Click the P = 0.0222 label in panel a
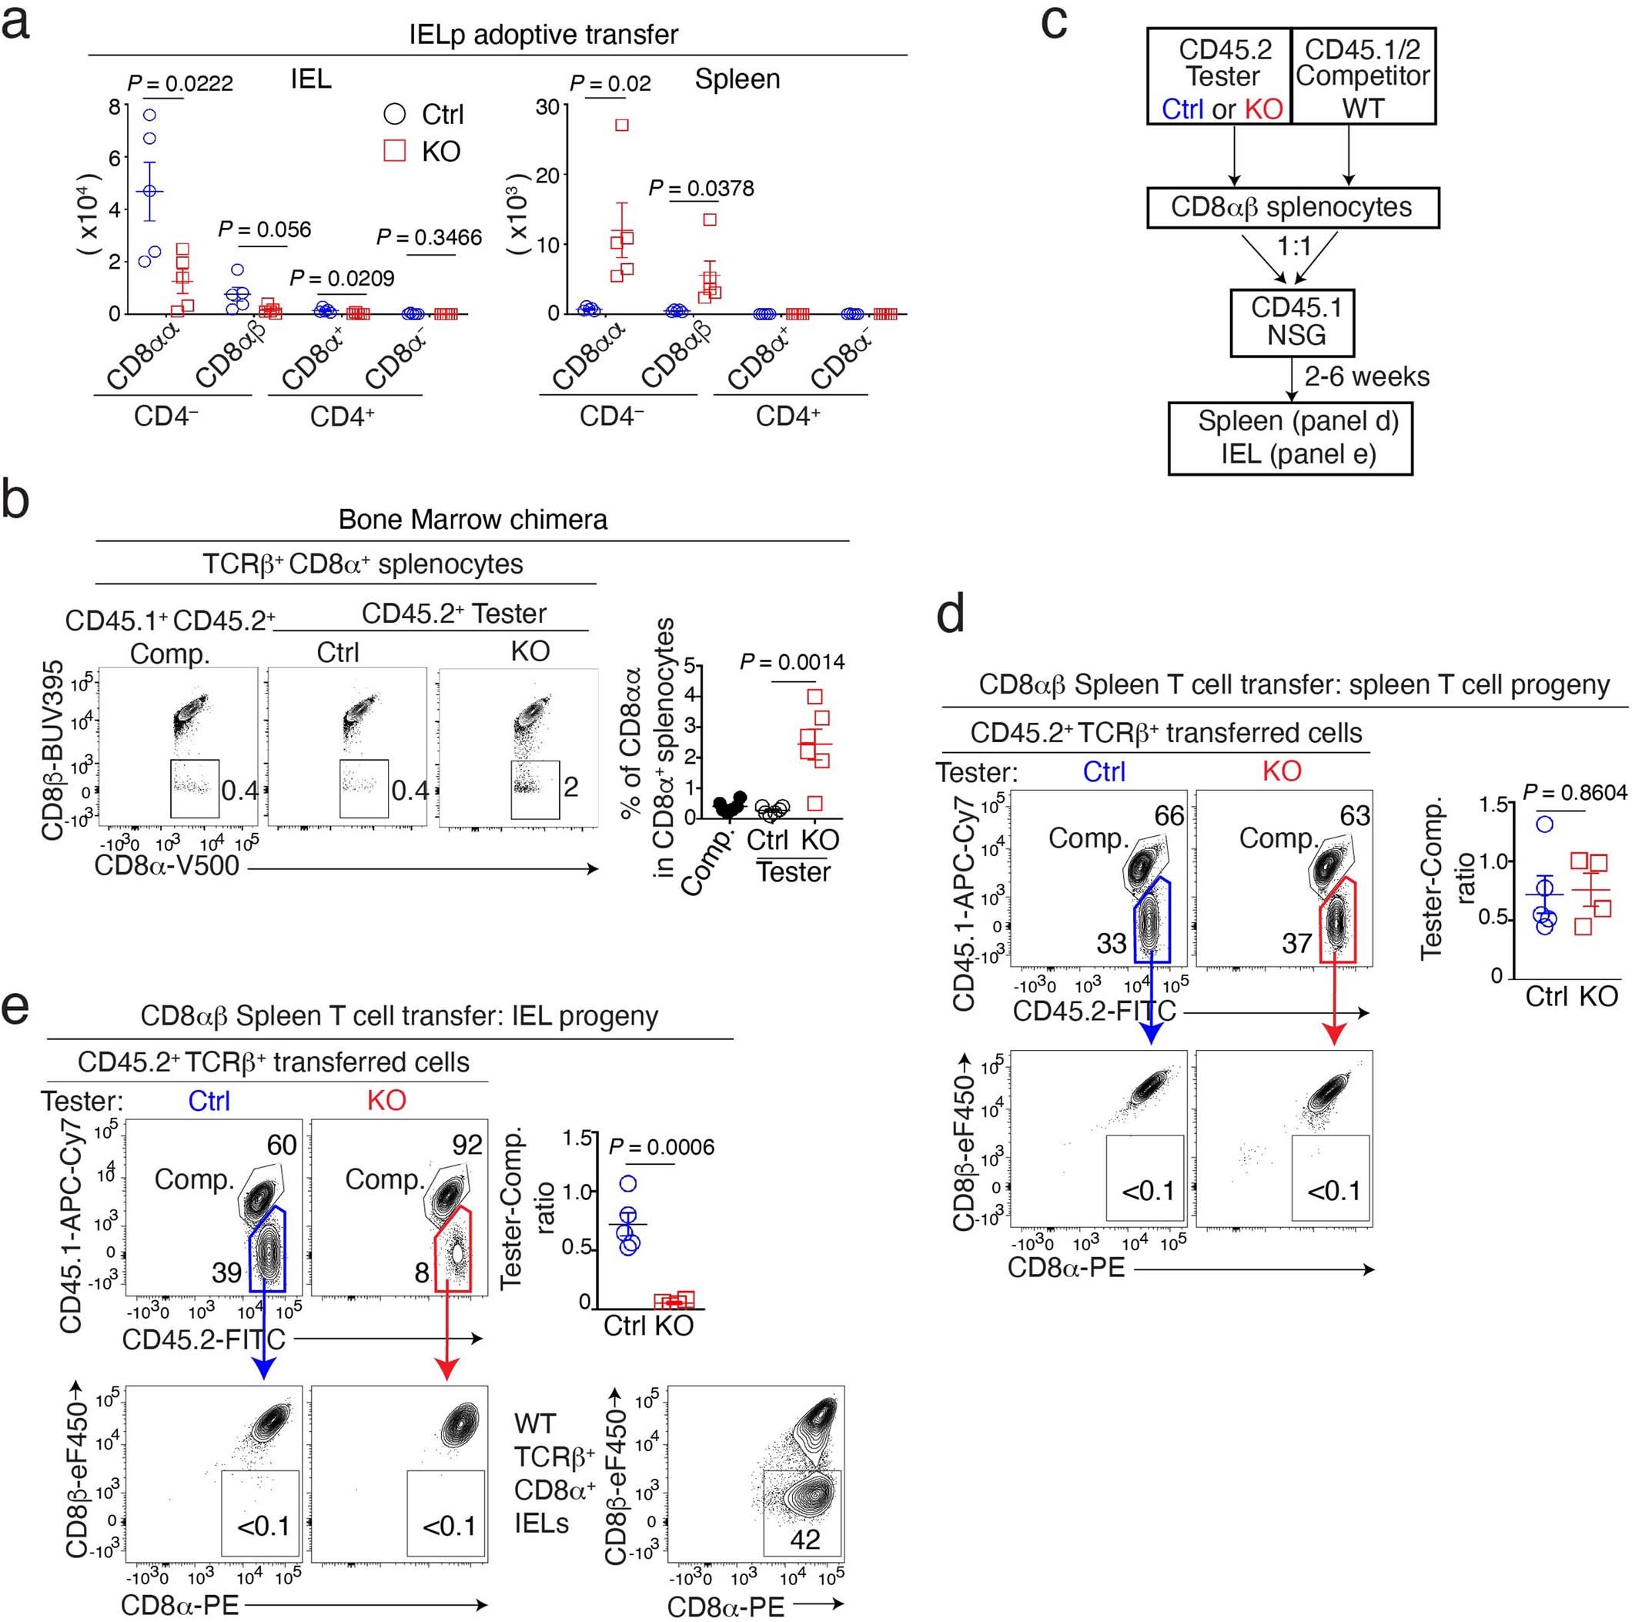click(x=180, y=84)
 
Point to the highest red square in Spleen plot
click(x=622, y=125)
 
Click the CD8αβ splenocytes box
click(x=1292, y=208)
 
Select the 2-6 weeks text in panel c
click(x=1366, y=376)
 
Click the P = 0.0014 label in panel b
click(x=792, y=662)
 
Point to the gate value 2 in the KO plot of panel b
click(x=571, y=788)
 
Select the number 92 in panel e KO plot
click(x=467, y=1145)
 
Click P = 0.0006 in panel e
click(x=661, y=1147)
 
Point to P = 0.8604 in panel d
click(x=1575, y=792)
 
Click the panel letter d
click(x=952, y=614)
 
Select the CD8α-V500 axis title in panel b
click(x=167, y=866)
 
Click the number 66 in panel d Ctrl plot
click(x=1170, y=815)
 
